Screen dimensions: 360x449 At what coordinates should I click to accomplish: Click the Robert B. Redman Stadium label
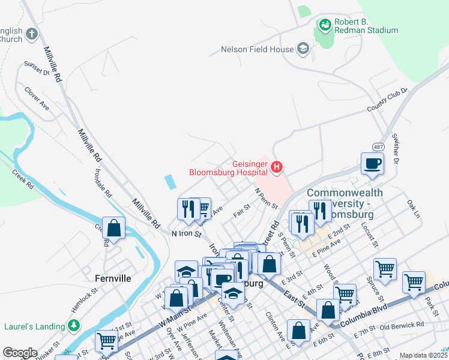(x=366, y=25)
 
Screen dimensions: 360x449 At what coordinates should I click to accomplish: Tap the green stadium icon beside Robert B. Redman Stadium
(x=325, y=25)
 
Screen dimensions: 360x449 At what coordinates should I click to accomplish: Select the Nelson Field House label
(x=257, y=49)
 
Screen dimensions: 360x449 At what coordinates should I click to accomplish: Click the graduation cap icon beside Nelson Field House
(x=303, y=49)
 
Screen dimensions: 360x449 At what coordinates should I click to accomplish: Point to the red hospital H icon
(x=277, y=167)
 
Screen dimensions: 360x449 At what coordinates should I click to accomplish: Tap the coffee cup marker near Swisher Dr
(x=372, y=163)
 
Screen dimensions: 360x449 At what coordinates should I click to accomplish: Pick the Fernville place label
(x=113, y=278)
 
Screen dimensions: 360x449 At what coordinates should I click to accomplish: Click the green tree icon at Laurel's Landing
(x=74, y=326)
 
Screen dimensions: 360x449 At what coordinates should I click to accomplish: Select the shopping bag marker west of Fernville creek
(x=113, y=227)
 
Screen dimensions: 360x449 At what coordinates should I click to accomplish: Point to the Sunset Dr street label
(x=36, y=68)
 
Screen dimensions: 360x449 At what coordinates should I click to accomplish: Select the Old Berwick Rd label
(x=402, y=325)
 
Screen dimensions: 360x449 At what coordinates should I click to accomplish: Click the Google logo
(x=20, y=353)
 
